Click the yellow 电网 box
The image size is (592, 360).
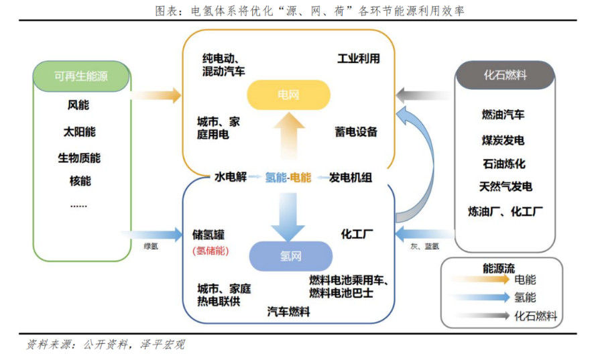288,95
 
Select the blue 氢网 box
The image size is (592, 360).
290,256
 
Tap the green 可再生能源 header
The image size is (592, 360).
81,75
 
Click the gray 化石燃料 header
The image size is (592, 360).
504,75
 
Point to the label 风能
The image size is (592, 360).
78,105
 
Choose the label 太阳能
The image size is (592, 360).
78,132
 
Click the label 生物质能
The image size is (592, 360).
78,158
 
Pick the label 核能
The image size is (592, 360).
80,181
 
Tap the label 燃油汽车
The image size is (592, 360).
503,115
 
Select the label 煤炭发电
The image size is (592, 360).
503,140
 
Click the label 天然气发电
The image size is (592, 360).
505,186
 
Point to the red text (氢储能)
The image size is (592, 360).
211,251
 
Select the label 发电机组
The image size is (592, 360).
350,178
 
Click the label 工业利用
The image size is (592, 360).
358,59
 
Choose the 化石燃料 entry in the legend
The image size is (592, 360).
535,316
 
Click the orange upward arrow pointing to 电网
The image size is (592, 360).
288,137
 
